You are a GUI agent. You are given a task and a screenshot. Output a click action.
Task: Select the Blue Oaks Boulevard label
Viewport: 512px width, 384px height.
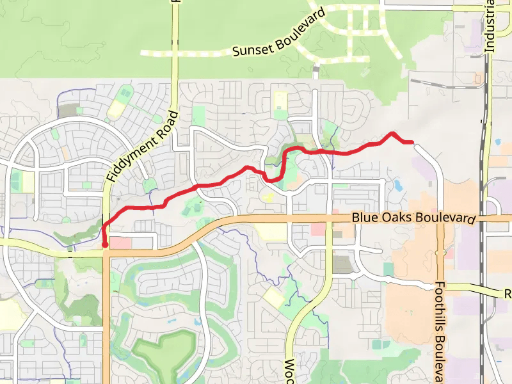[x=413, y=218]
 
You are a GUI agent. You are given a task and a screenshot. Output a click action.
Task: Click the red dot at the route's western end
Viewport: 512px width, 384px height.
[x=105, y=244]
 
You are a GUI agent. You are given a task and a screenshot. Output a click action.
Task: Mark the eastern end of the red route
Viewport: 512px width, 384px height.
[x=412, y=141]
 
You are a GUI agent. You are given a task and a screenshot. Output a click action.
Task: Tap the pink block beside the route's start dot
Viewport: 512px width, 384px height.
[x=120, y=243]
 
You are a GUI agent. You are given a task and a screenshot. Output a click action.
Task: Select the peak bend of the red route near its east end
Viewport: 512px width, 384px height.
[x=392, y=133]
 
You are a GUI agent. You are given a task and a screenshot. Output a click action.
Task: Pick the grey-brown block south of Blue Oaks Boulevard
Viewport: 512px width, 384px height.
[x=343, y=264]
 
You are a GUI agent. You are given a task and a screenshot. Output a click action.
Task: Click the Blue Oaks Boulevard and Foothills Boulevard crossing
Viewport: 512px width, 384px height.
[x=440, y=220]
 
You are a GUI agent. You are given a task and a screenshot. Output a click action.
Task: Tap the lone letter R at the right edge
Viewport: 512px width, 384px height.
[x=508, y=294]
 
